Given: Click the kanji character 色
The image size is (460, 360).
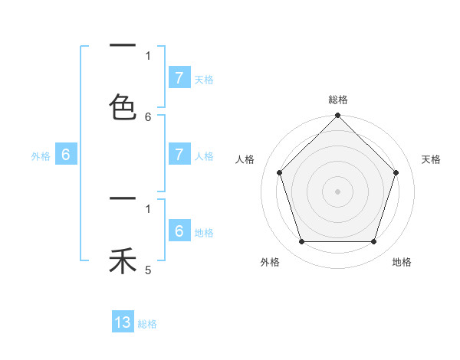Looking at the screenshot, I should [x=123, y=106].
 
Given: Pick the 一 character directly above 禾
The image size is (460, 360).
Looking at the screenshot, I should [x=123, y=199].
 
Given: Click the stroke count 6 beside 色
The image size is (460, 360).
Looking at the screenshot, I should [x=148, y=116].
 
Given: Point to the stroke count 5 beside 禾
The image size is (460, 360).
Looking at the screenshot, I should [x=148, y=270].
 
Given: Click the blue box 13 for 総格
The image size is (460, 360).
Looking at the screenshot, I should [x=123, y=322].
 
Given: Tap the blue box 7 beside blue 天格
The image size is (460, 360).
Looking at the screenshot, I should [x=179, y=77].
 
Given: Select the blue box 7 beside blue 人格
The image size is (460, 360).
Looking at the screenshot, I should [x=179, y=154].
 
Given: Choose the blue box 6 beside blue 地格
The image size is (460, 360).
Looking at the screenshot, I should [x=179, y=231].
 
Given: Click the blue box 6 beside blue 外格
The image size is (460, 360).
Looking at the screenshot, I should [x=66, y=154].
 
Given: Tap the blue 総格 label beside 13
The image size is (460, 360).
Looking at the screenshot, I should [x=147, y=324].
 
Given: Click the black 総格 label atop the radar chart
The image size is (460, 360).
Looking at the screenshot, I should [x=338, y=100].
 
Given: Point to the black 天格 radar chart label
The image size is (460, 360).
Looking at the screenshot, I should [x=431, y=159].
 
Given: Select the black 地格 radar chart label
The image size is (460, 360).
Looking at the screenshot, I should [x=402, y=262].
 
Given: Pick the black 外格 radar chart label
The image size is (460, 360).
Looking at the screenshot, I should [x=270, y=262].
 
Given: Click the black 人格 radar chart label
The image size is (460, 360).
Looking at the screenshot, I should [x=245, y=159].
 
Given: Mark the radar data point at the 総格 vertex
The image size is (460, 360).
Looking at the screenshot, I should [x=337, y=116].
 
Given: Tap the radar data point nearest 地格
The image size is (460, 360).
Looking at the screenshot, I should [x=373, y=241].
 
